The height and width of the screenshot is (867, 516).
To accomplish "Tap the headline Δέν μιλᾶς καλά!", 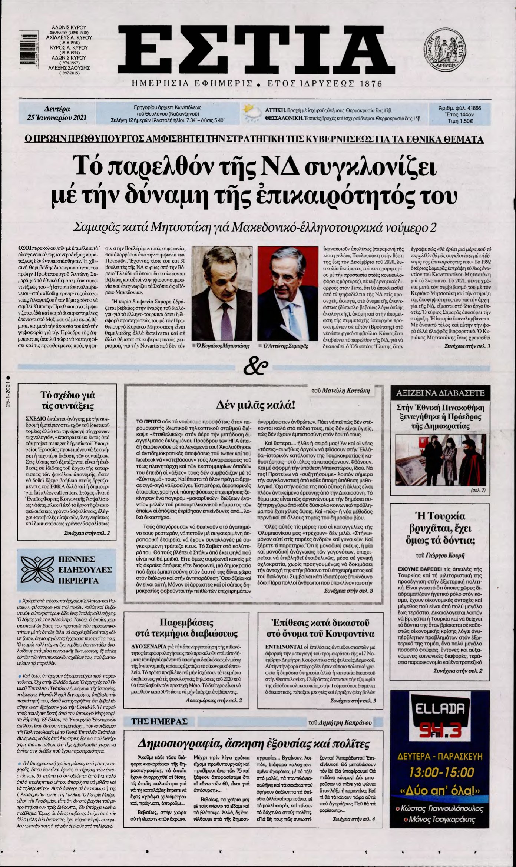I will (256, 405).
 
